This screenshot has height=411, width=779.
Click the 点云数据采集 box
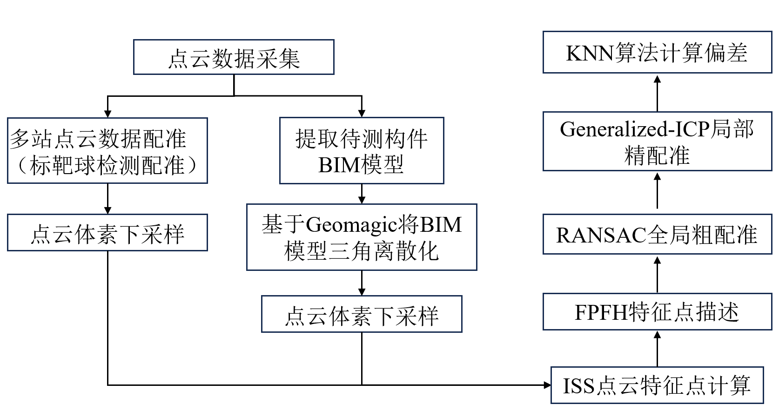pos(234,57)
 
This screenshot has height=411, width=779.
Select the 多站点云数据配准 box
pos(107,150)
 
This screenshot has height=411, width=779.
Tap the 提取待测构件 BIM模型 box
pos(362,151)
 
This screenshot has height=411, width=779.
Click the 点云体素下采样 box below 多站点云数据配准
pos(107,233)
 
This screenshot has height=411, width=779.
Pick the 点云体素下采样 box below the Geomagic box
pos(362,314)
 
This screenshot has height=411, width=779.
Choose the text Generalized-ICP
pos(634,129)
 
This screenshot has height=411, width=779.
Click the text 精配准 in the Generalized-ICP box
pos(657,155)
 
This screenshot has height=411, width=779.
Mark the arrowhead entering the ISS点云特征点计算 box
pos(547,385)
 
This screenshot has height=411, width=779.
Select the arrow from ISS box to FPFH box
pos(657,349)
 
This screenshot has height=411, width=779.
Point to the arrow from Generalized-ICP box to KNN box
pos(657,93)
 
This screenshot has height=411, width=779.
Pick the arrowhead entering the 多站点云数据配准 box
pos(107,114)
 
